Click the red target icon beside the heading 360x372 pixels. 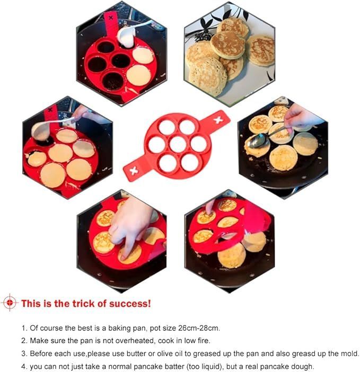[x=10, y=303]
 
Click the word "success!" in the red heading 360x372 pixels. [x=130, y=304]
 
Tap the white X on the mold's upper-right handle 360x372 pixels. [x=218, y=120]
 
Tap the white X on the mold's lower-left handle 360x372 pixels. [x=134, y=170]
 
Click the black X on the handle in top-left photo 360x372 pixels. [x=111, y=18]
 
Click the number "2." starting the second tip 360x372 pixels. [x=24, y=341]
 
